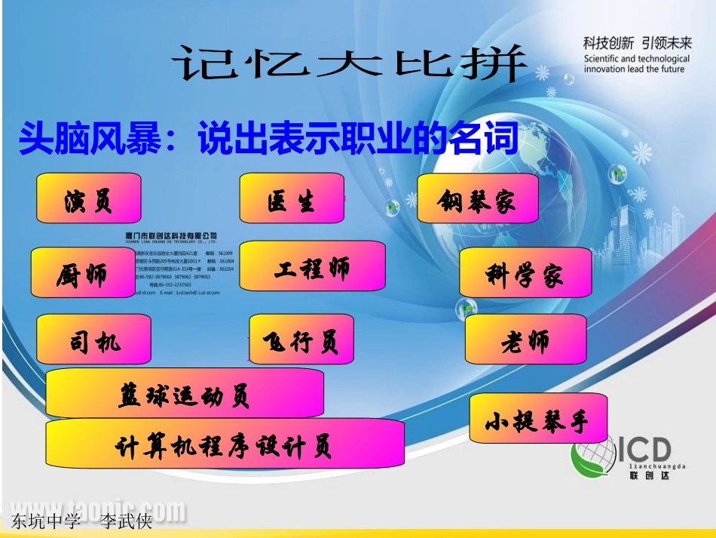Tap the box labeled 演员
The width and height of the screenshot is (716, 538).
click(89, 200)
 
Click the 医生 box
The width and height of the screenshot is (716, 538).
click(292, 199)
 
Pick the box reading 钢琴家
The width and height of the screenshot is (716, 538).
click(478, 199)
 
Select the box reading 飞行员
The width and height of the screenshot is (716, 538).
click(301, 340)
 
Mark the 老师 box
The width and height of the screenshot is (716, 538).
click(525, 340)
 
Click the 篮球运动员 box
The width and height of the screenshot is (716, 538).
click(185, 393)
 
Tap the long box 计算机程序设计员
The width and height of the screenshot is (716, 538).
click(225, 445)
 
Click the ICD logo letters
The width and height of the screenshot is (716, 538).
click(644, 450)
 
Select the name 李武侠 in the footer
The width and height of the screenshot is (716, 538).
click(127, 521)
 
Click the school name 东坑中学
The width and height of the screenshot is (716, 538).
click(46, 521)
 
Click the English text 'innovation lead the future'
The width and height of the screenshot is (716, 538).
click(634, 69)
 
